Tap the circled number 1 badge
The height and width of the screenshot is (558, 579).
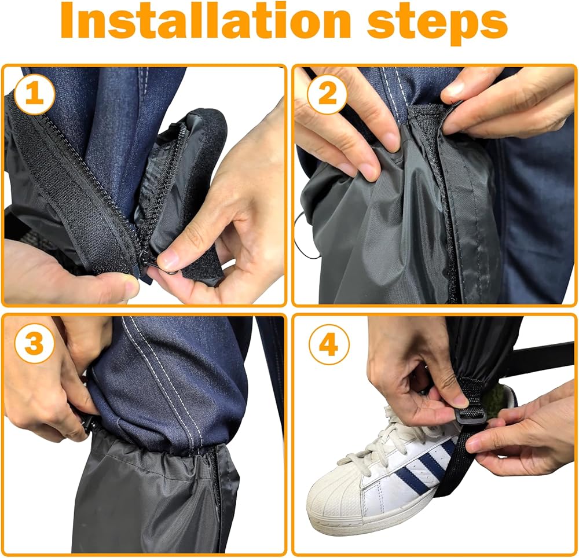tap(34, 94)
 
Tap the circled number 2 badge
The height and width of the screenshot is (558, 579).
tap(327, 94)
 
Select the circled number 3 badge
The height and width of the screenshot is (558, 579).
tap(34, 344)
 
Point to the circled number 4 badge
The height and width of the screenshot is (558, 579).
tap(329, 344)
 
